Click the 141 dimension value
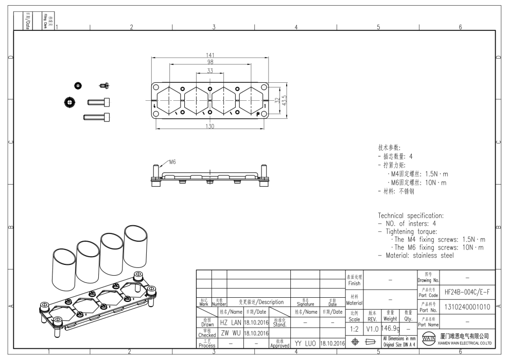point(209,55)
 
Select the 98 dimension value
point(209,62)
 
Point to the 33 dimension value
point(209,70)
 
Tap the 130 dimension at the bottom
point(209,127)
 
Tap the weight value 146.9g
point(391,327)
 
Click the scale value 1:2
point(355,328)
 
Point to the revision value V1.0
point(372,328)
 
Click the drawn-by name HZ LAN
point(231,322)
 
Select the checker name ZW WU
point(230,332)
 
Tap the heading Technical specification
point(411,215)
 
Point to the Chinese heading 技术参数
point(392,148)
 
